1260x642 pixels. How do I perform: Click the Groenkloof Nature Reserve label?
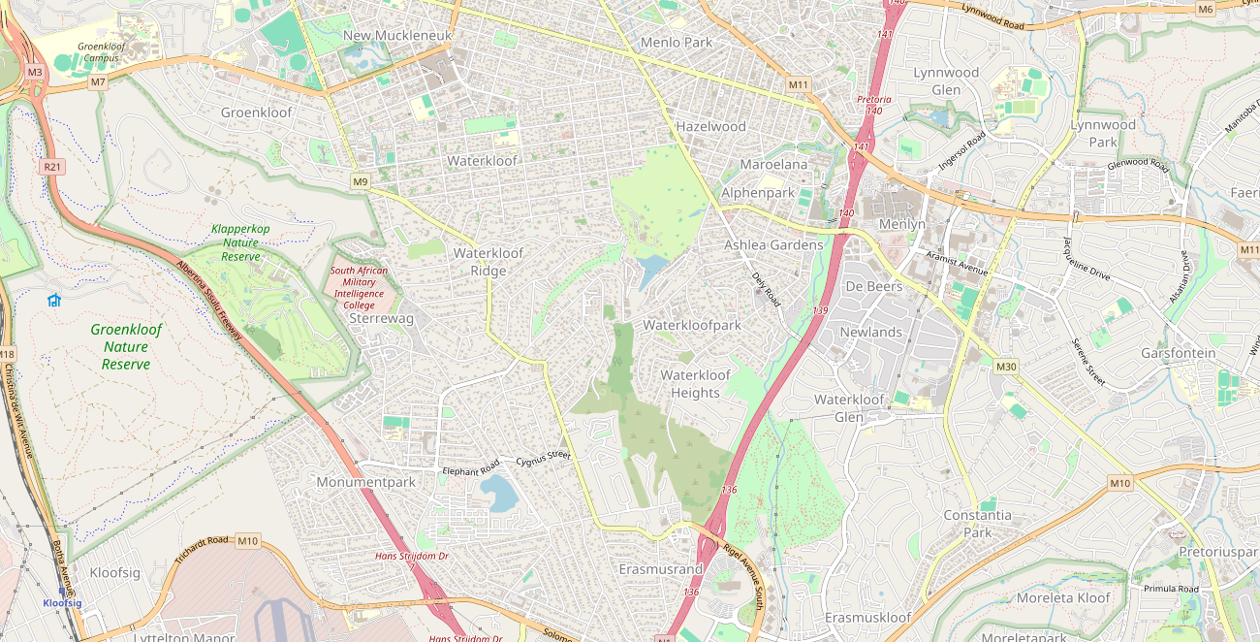pyautogui.click(x=126, y=346)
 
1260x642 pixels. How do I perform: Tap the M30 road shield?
pyautogui.click(x=1006, y=366)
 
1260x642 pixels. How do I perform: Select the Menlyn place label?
pyautogui.click(x=901, y=224)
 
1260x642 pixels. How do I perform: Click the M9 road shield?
pyautogui.click(x=361, y=181)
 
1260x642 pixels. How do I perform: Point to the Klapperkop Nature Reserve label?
pyautogui.click(x=240, y=242)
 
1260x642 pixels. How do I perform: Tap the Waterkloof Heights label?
pyautogui.click(x=695, y=384)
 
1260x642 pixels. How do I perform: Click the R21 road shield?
pyautogui.click(x=52, y=167)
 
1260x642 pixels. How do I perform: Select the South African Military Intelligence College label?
pyautogui.click(x=359, y=288)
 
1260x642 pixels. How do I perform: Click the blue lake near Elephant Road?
pyautogui.click(x=499, y=493)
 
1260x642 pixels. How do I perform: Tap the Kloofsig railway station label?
pyautogui.click(x=62, y=602)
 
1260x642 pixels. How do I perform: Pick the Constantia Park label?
pyautogui.click(x=977, y=524)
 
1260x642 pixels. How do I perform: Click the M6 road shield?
pyautogui.click(x=1205, y=9)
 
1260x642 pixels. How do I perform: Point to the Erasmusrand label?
pyautogui.click(x=661, y=568)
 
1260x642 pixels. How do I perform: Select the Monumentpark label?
pyautogui.click(x=365, y=482)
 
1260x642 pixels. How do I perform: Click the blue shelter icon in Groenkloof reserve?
pyautogui.click(x=53, y=300)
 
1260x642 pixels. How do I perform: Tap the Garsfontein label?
pyautogui.click(x=1178, y=353)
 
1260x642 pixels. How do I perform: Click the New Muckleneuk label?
pyautogui.click(x=397, y=36)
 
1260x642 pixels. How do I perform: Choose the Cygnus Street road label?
pyautogui.click(x=543, y=457)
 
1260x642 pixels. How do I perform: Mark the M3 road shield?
pyautogui.click(x=35, y=72)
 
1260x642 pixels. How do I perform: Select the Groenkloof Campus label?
pyautogui.click(x=101, y=51)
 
